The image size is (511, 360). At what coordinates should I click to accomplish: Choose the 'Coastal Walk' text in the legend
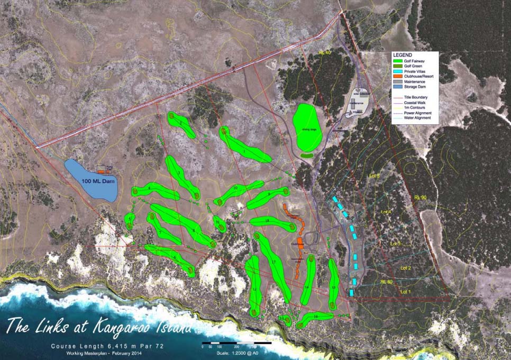coord(421,103)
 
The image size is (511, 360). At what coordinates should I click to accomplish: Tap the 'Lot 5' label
coord(373,175)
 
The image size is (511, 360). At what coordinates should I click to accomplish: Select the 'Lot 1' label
coord(405,292)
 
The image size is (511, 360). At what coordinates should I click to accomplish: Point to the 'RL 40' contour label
coord(324,53)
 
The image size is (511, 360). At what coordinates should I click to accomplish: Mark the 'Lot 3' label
coord(396,243)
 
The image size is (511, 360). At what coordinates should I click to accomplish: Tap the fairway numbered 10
coord(238,192)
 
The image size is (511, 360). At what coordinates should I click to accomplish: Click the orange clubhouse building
coord(300,243)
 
